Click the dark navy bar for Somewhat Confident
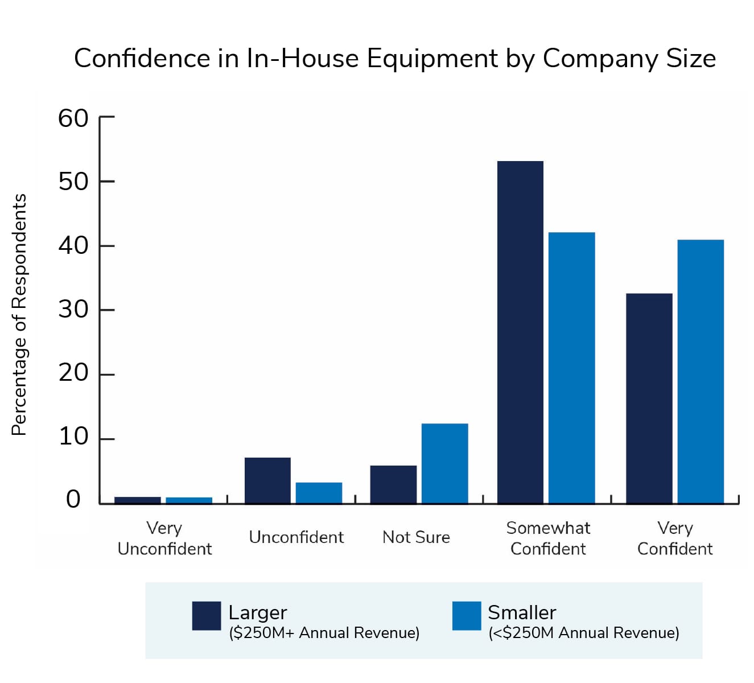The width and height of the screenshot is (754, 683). tap(520, 332)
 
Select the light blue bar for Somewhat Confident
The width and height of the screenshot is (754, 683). tap(571, 368)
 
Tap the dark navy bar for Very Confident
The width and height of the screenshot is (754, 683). tap(649, 398)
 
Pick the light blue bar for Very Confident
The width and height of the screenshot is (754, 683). tap(701, 372)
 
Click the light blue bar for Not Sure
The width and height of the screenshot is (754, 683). tap(444, 463)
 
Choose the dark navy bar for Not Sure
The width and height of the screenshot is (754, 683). tap(393, 484)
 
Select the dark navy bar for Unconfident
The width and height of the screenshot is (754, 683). tap(267, 480)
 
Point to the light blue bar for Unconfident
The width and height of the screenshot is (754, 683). tap(319, 493)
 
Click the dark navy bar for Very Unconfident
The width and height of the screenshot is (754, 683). tap(138, 500)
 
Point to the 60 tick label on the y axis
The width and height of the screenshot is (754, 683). tap(73, 118)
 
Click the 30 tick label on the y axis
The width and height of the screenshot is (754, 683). tap(73, 310)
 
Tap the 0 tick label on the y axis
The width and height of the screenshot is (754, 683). tap(73, 499)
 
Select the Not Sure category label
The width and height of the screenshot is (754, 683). tap(416, 537)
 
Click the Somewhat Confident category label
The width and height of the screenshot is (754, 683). tap(548, 538)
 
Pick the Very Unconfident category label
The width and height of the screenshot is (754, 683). tap(164, 538)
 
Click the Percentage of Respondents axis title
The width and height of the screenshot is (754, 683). tap(19, 315)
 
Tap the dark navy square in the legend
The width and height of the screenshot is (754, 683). tap(206, 616)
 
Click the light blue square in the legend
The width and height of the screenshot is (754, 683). tap(467, 616)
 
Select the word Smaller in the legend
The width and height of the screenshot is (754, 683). tap(522, 612)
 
